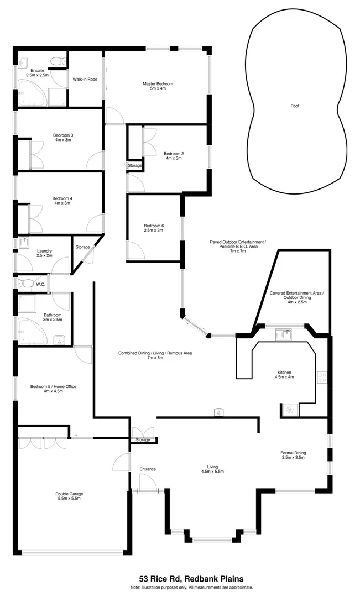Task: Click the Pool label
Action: tap(294, 106)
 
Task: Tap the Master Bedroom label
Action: tap(158, 84)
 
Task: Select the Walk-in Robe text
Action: tap(85, 80)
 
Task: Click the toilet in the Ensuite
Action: tap(55, 61)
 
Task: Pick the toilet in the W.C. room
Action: tap(26, 283)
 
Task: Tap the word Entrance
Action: tap(148, 469)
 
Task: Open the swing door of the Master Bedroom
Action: tap(114, 115)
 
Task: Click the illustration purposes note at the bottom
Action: tap(191, 587)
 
